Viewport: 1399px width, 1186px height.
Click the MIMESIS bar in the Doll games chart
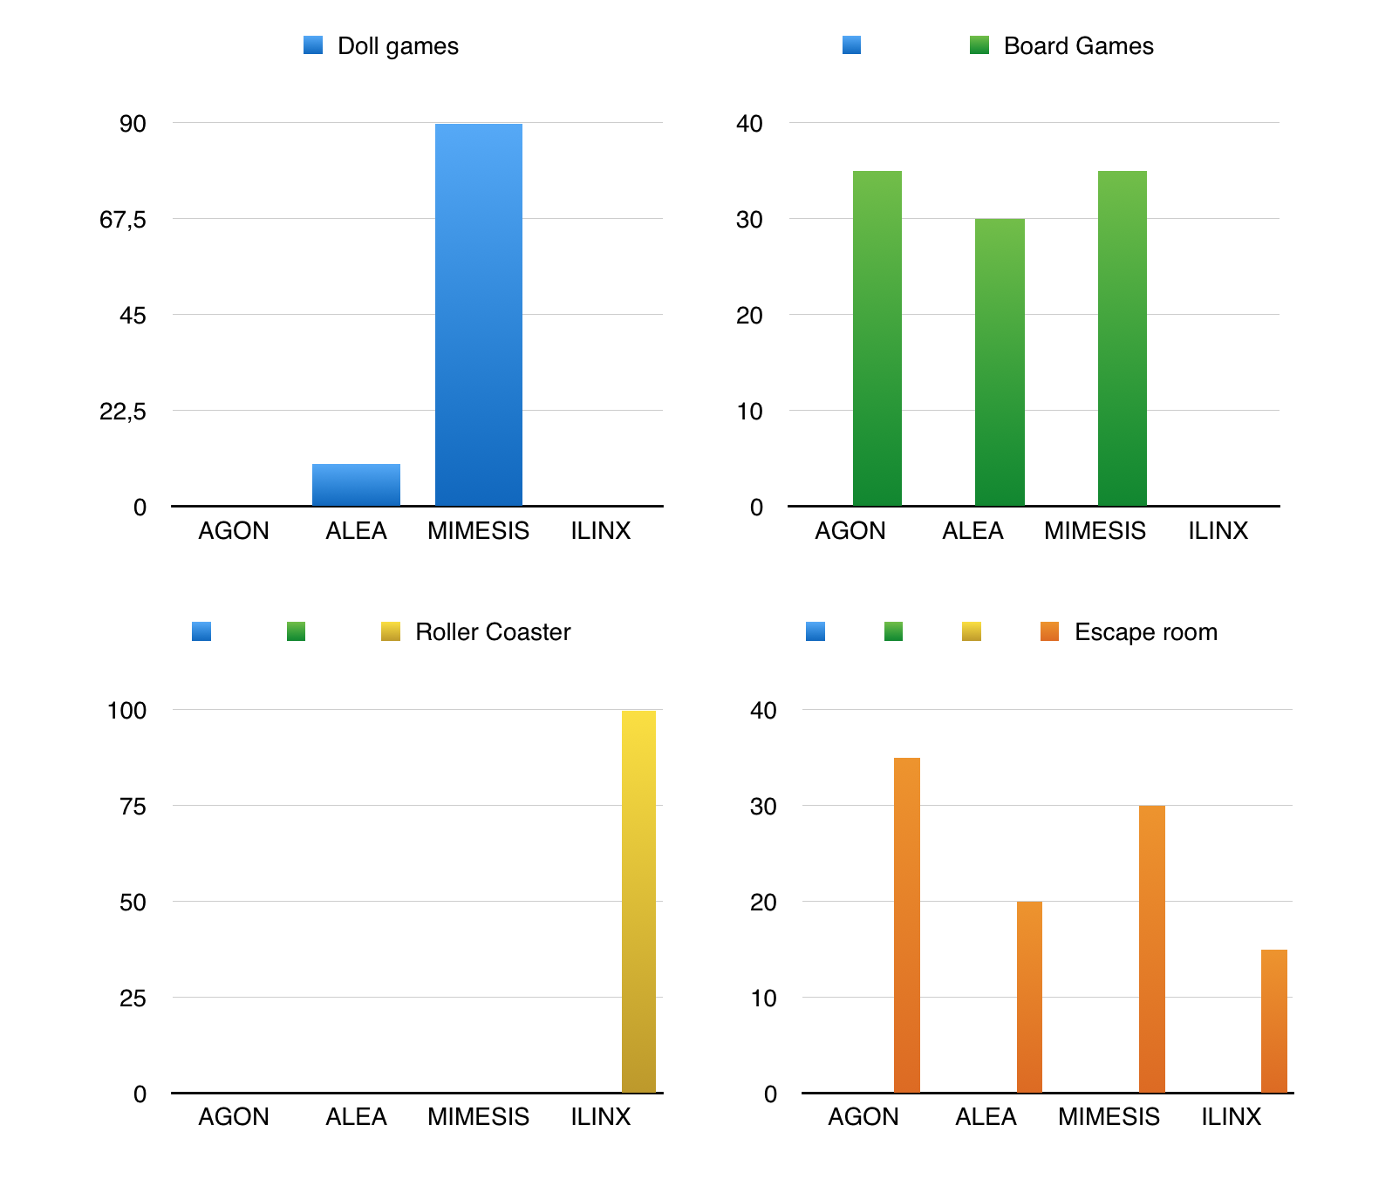pos(478,314)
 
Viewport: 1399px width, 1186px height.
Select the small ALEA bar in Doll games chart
pos(356,485)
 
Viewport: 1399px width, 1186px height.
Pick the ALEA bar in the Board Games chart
pos(1000,362)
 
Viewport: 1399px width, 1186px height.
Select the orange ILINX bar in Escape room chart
pos(1273,1020)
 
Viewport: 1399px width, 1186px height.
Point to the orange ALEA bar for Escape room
pos(1029,997)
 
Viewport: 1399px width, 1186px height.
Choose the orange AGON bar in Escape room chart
pos(906,924)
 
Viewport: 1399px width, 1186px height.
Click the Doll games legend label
pos(398,46)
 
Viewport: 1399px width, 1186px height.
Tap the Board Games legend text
pos(1078,46)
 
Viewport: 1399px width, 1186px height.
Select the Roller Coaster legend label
pos(493,632)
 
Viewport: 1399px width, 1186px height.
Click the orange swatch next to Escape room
pos(1049,631)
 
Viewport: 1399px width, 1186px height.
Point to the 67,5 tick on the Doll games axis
pos(123,220)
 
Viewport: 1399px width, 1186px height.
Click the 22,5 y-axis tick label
pos(123,412)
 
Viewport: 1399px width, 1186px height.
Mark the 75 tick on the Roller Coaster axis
pos(133,807)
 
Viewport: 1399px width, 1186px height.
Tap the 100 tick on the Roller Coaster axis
pos(126,711)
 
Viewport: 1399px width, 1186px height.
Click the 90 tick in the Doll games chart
pos(133,124)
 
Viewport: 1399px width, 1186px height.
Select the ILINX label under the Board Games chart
pos(1218,531)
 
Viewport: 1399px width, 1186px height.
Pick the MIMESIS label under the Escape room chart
pos(1109,1117)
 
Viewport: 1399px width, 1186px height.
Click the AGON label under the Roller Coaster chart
pos(234,1117)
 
